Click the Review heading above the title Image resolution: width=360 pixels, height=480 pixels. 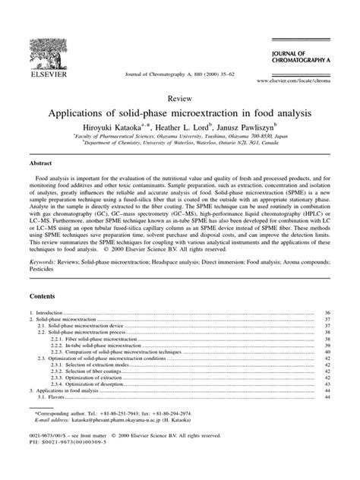179,98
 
